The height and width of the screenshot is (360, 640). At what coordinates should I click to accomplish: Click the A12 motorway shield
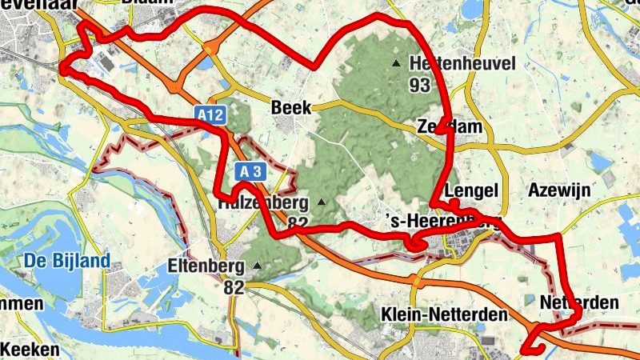tap(210, 116)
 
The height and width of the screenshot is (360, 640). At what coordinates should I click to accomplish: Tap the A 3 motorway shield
tap(250, 170)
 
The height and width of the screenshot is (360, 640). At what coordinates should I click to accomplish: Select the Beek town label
tap(290, 106)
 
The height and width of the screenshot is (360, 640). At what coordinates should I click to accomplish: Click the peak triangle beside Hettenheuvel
tap(396, 62)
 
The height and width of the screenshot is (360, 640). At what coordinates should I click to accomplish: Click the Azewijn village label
tap(559, 190)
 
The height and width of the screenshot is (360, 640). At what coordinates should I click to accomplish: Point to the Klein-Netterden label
tap(445, 314)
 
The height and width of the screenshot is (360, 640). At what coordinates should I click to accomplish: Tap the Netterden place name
tap(579, 302)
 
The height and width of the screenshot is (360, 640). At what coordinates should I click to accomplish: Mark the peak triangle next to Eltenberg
tap(257, 265)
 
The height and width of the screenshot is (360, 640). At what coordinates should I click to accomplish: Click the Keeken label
tap(30, 350)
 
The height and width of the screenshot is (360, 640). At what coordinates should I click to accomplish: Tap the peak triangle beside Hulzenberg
tap(322, 202)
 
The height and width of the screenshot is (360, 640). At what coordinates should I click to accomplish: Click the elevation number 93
tap(419, 86)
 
